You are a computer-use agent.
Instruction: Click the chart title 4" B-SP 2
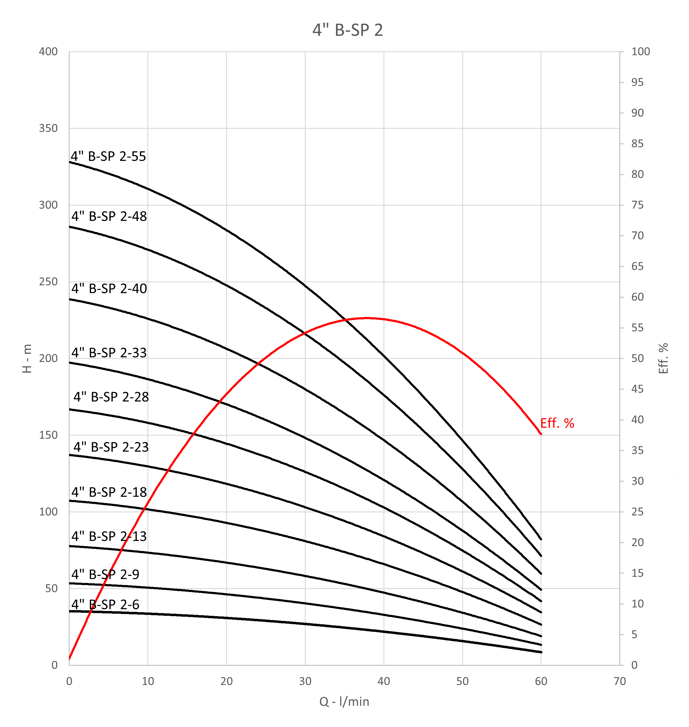coord(347,30)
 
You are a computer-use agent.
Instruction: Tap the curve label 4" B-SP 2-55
coord(108,156)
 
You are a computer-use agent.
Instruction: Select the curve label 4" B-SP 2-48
coord(109,217)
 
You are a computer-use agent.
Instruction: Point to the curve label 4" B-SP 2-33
coord(109,353)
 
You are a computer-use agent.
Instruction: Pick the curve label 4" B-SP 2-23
coord(111,447)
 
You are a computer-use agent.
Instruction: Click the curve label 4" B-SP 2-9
coord(106,574)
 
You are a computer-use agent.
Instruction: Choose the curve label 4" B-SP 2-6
coord(106,604)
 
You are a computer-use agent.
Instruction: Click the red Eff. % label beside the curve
coord(557,424)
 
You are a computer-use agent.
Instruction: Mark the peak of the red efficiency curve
coord(367,318)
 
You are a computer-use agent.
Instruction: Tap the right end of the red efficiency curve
coord(541,434)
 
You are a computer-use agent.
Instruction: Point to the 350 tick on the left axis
coord(49,128)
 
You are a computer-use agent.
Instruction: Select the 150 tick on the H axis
coord(49,435)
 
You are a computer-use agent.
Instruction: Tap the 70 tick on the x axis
coord(620,681)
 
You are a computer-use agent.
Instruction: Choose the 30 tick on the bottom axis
coord(305,681)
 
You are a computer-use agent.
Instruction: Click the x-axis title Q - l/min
coord(344,702)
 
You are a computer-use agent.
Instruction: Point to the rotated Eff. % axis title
coord(663,359)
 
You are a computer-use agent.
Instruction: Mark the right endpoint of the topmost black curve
coord(541,539)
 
